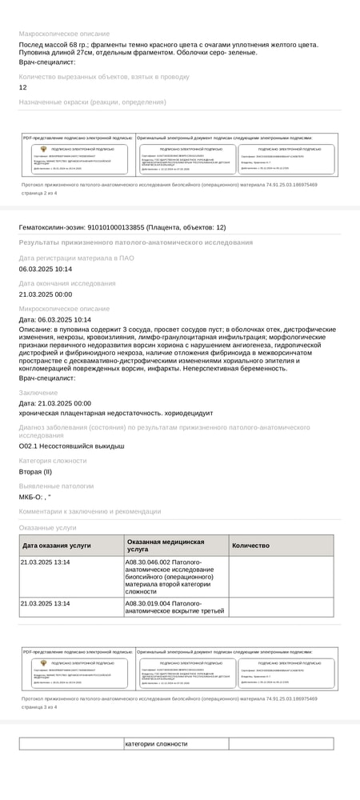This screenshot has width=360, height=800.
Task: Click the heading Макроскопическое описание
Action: (64, 34)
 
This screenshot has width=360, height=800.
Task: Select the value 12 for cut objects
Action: (22, 87)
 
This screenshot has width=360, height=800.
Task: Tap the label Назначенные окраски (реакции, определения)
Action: (92, 102)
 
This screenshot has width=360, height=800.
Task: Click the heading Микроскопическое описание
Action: (63, 308)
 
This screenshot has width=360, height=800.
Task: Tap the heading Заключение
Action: (38, 393)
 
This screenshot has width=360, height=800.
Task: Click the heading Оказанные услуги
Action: (48, 528)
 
